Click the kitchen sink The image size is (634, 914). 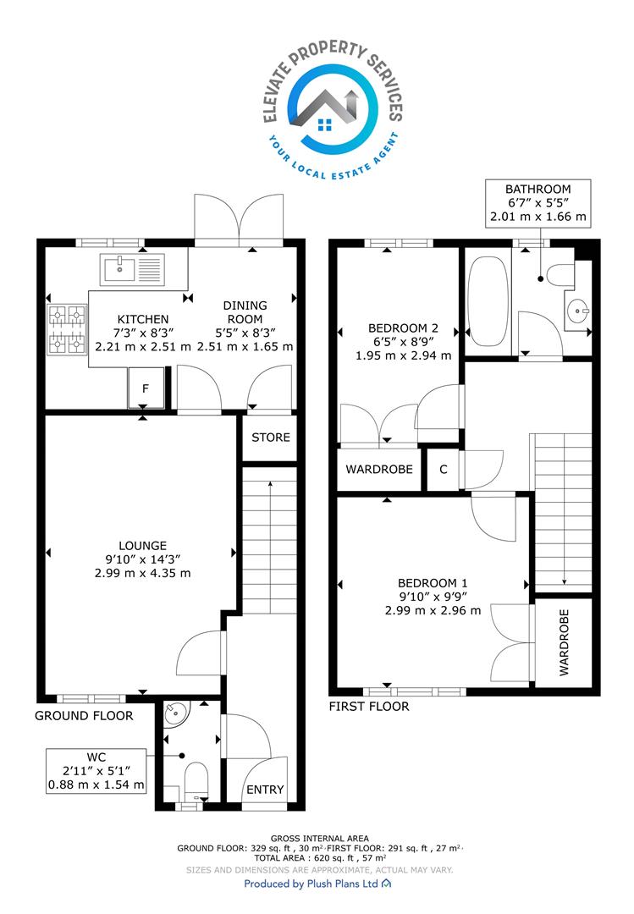tap(132, 269)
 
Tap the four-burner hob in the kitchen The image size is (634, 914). tap(67, 330)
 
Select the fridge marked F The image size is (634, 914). tap(146, 388)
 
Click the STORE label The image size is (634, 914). tap(271, 438)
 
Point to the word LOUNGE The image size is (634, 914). tap(143, 546)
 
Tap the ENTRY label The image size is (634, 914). tap(265, 790)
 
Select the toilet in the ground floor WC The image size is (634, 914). tap(196, 782)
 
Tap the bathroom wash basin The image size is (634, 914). tap(578, 311)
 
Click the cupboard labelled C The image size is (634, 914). tap(444, 469)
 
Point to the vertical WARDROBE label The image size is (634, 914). tap(564, 642)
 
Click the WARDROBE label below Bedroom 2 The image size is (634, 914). tap(379, 469)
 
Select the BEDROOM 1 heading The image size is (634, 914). tap(433, 583)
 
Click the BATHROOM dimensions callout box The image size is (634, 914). tap(538, 203)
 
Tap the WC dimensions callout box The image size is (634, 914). tap(96, 771)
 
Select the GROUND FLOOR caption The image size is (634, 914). tap(84, 716)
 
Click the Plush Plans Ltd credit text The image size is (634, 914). tap(317, 884)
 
